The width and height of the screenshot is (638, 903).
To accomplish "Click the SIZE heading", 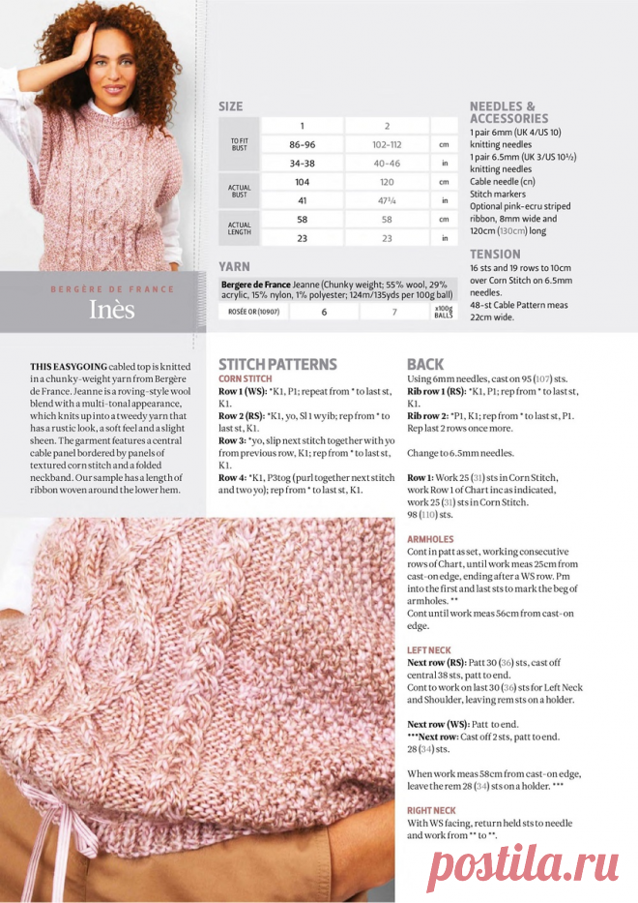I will click(231, 106).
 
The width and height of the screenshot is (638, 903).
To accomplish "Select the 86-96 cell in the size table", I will click(302, 144).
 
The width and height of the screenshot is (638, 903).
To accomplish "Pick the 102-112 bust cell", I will click(387, 144).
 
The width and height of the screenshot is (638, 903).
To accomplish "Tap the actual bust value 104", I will click(302, 182).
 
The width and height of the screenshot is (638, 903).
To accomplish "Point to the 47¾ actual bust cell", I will click(387, 200).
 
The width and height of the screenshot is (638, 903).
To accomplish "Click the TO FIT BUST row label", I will click(240, 144).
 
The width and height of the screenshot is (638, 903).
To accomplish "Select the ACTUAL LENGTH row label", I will click(240, 228).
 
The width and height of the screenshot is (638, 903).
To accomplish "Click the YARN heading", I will click(235, 266).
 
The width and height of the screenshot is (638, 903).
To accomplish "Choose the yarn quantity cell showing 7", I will click(393, 312).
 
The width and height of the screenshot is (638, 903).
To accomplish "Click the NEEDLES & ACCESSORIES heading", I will click(503, 112).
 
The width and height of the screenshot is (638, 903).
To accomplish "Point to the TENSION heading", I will click(495, 254).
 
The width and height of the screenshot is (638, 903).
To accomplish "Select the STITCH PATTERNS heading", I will click(277, 364).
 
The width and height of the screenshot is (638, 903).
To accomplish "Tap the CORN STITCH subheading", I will click(245, 378).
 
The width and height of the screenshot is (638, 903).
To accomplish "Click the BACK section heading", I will click(425, 364).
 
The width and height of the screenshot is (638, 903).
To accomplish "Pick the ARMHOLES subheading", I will click(431, 539).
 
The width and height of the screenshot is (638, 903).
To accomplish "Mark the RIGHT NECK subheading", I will click(431, 809).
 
